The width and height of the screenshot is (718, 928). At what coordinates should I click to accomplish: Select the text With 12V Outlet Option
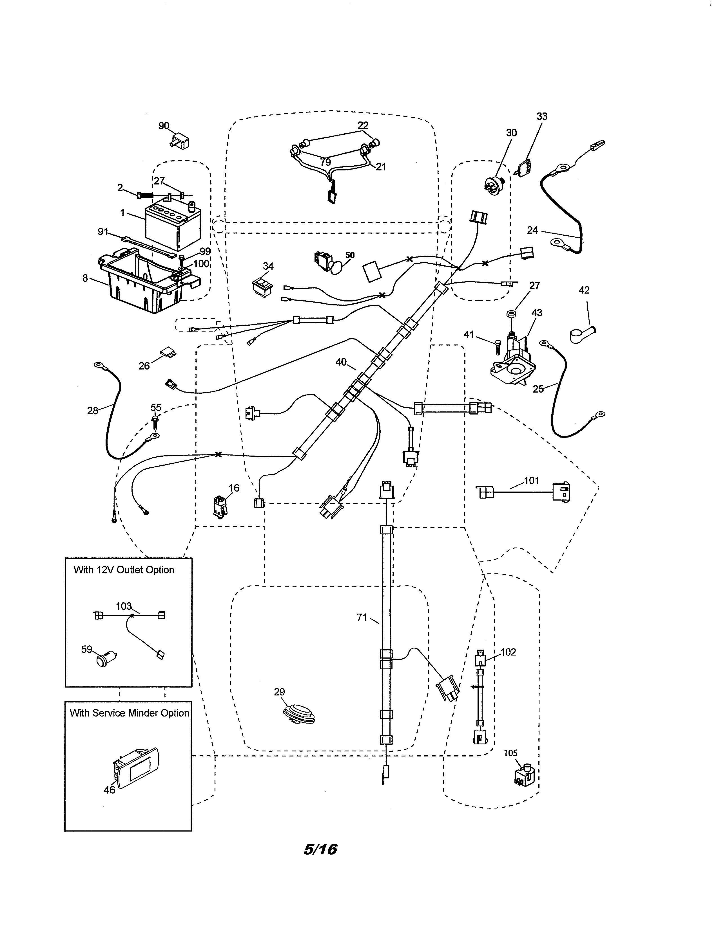[x=124, y=570]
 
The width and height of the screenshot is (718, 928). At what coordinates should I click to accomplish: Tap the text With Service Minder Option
[x=129, y=713]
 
